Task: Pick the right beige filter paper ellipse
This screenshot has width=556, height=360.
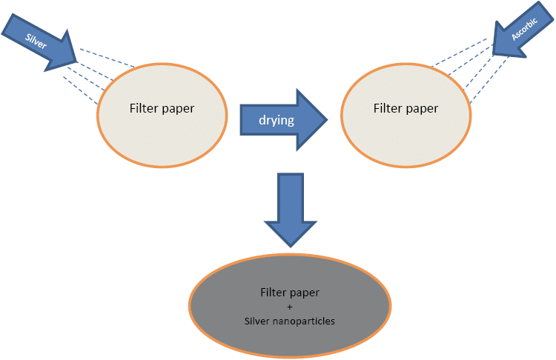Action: (406, 109)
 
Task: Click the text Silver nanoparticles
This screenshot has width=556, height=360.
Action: (290, 321)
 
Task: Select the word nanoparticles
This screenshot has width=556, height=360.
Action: (304, 321)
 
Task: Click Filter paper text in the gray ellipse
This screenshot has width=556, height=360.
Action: (290, 293)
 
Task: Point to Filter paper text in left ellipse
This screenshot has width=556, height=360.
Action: (162, 108)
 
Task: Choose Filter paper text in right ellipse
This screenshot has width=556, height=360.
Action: (406, 108)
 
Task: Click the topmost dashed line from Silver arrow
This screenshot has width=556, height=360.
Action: (107, 59)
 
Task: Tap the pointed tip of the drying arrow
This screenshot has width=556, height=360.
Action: (326, 119)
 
